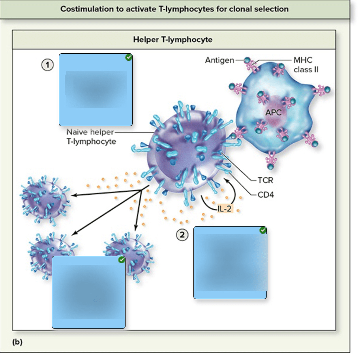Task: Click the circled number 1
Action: click(x=48, y=65)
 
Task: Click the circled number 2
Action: click(x=182, y=235)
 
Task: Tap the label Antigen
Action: click(x=219, y=60)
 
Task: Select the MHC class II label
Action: click(x=303, y=65)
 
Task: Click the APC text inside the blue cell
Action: click(x=273, y=112)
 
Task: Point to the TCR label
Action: click(x=265, y=180)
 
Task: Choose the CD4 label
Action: click(x=266, y=194)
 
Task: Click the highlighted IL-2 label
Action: click(x=224, y=208)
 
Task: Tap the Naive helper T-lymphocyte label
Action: click(x=91, y=137)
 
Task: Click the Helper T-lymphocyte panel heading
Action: click(x=173, y=39)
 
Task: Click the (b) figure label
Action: click(x=17, y=342)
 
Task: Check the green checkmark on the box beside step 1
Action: click(x=128, y=58)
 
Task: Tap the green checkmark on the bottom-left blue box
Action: click(x=122, y=260)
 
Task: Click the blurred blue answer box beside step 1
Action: click(x=96, y=90)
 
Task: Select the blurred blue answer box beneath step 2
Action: click(x=230, y=262)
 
